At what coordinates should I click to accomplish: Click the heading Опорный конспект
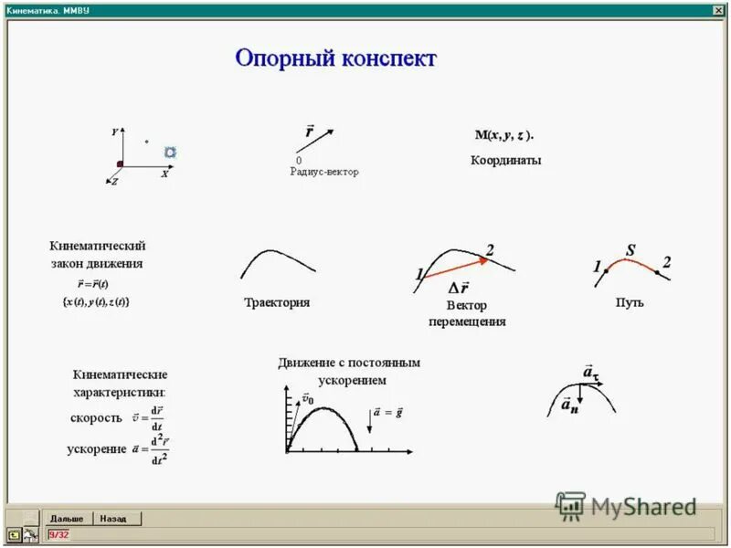point(336,59)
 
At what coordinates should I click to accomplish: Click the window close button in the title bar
point(718,9)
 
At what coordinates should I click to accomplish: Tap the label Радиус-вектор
point(324,172)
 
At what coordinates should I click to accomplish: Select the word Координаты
point(505,161)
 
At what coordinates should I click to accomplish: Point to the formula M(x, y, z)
point(504,135)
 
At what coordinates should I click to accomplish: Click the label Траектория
point(277,303)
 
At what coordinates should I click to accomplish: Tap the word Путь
point(630,302)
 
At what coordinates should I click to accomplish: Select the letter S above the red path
point(630,249)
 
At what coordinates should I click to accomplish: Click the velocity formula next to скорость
point(148,417)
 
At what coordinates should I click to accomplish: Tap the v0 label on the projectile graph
point(307,399)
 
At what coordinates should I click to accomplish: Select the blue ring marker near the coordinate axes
point(170,153)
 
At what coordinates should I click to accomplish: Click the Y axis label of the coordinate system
point(115,132)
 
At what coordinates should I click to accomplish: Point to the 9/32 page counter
point(58,534)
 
